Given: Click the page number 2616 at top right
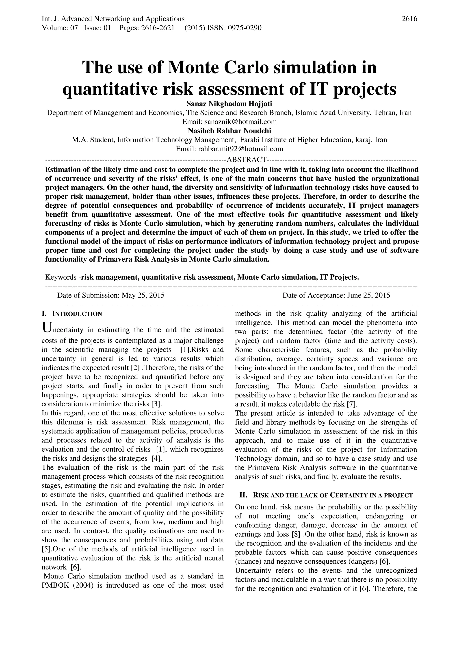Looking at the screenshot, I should (409, 19).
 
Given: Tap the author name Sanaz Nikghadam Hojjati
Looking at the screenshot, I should (229, 104).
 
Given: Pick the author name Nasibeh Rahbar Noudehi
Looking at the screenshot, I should (229, 131).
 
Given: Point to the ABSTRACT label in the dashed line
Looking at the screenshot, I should (246, 160).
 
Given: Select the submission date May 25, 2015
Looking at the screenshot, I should (143, 295).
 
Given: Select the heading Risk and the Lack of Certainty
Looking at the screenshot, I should (333, 495).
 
